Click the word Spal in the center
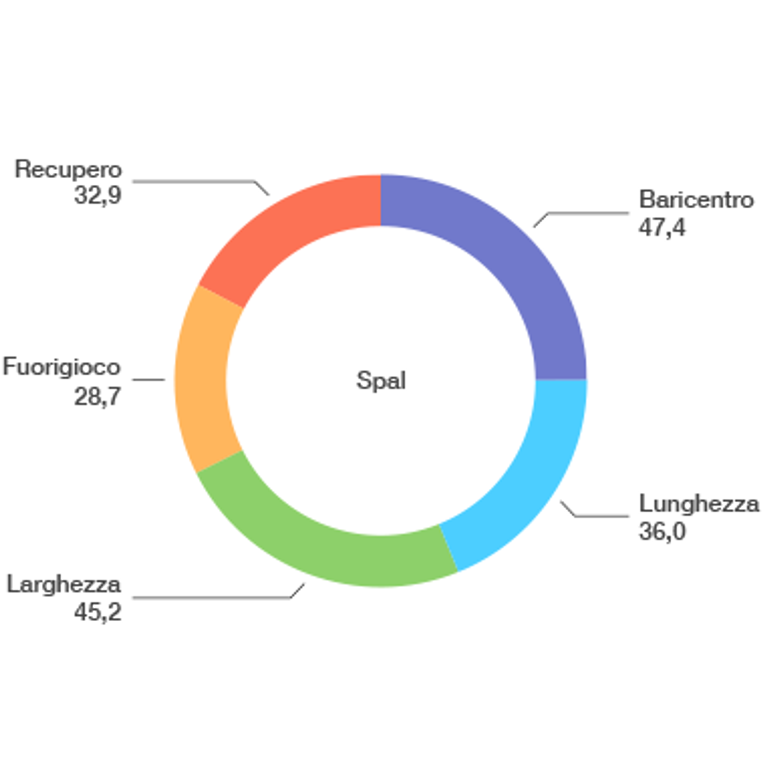[x=381, y=380]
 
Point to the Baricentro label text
[x=696, y=199]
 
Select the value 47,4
[x=662, y=228]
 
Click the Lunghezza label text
[x=699, y=504]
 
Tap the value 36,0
[x=662, y=531]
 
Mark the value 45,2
[x=98, y=612]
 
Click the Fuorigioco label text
[x=61, y=366]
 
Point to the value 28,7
[x=97, y=396]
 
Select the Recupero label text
[x=68, y=170]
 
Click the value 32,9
[x=98, y=196]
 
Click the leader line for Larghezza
[x=218, y=597]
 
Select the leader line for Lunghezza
[x=594, y=516]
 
